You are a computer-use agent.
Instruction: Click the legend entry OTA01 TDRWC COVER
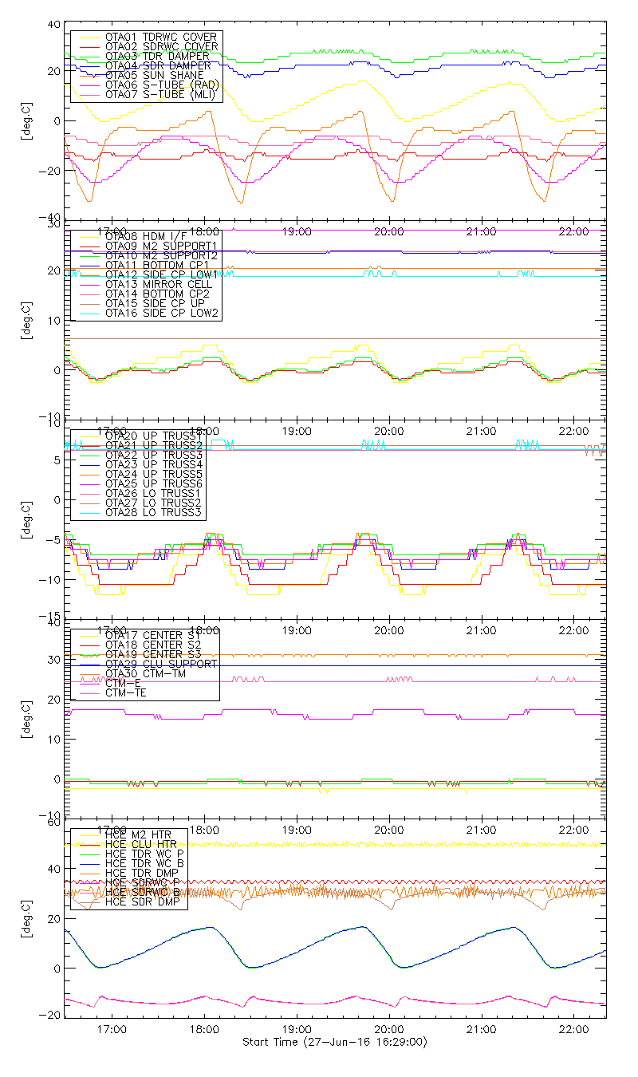coord(160,37)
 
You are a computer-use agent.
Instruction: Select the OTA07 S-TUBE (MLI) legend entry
coord(160,95)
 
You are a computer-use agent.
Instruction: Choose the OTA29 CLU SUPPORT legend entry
coord(160,664)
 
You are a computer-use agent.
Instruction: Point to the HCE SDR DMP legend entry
coord(143,903)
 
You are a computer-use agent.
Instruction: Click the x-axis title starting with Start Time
coord(334,1043)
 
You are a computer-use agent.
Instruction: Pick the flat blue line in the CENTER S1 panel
coord(399,665)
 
